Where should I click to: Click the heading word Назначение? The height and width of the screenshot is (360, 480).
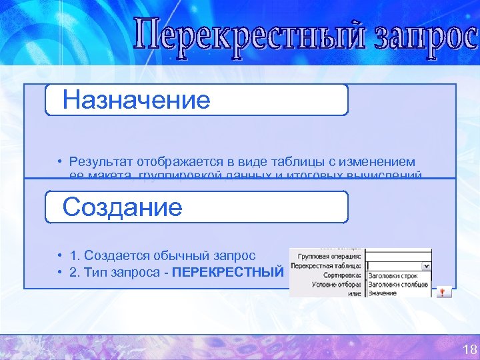(x=136, y=100)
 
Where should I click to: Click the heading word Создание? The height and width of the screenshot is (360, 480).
(x=122, y=207)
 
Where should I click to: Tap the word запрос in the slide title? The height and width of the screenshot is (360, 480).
(x=423, y=37)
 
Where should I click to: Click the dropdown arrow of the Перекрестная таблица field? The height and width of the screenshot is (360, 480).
(x=427, y=265)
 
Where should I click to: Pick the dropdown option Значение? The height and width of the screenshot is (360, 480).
(x=382, y=291)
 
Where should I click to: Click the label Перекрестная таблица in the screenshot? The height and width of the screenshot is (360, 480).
(x=327, y=265)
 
